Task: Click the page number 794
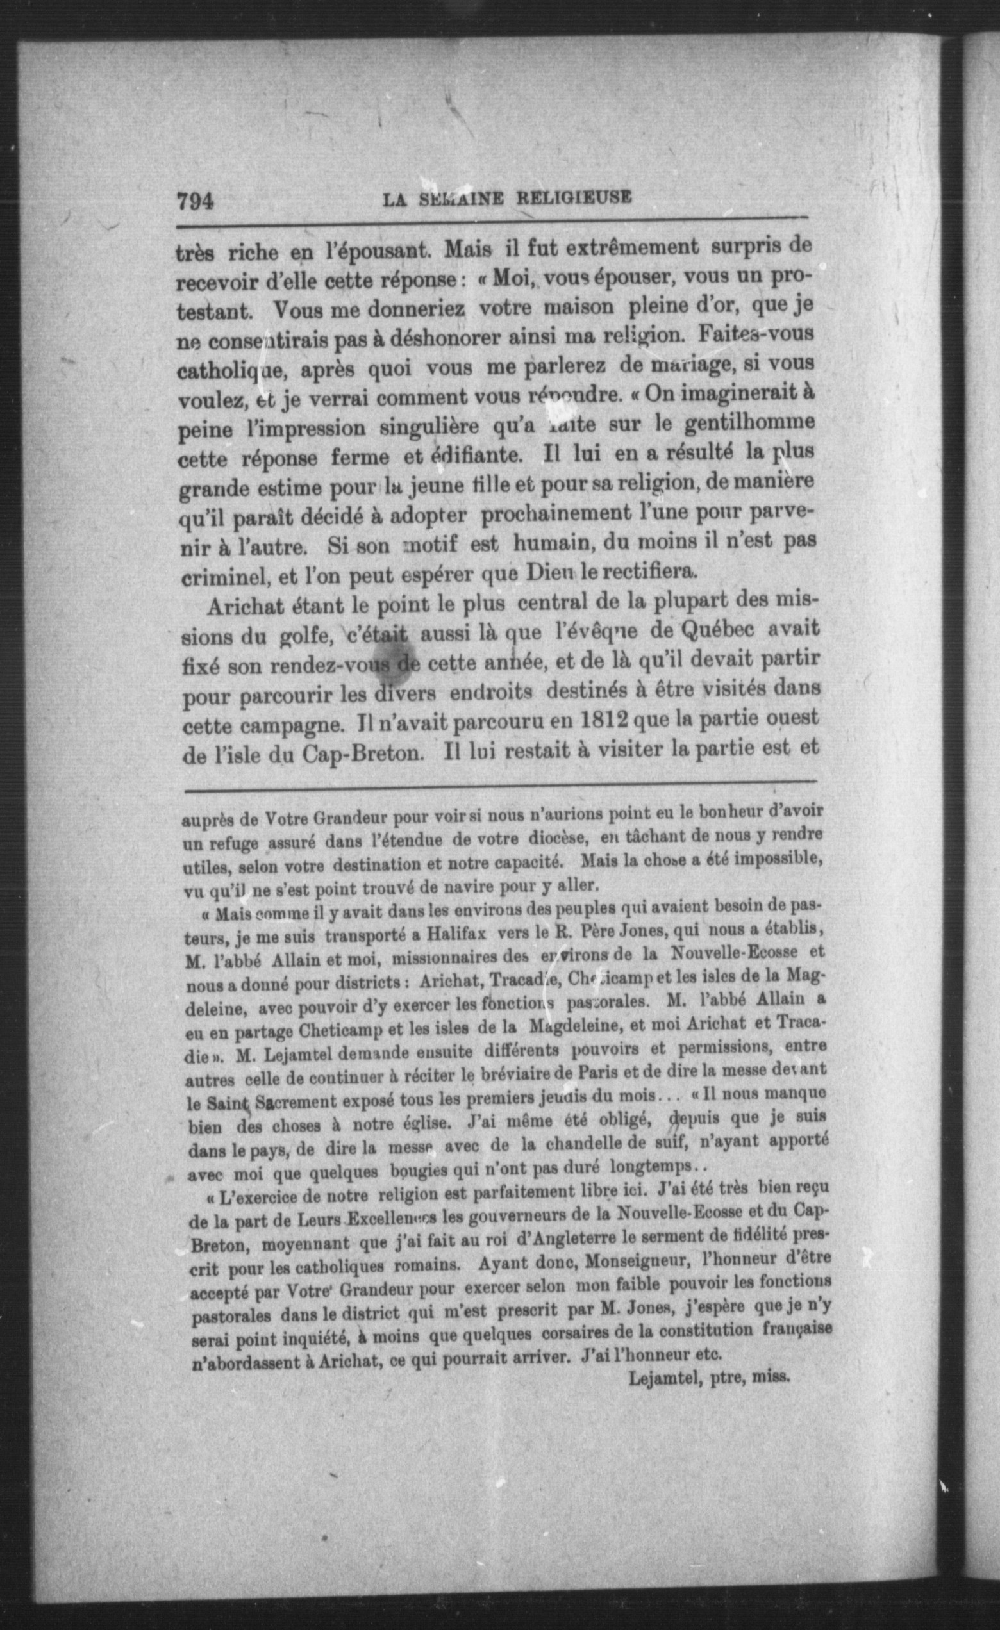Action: [197, 200]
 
